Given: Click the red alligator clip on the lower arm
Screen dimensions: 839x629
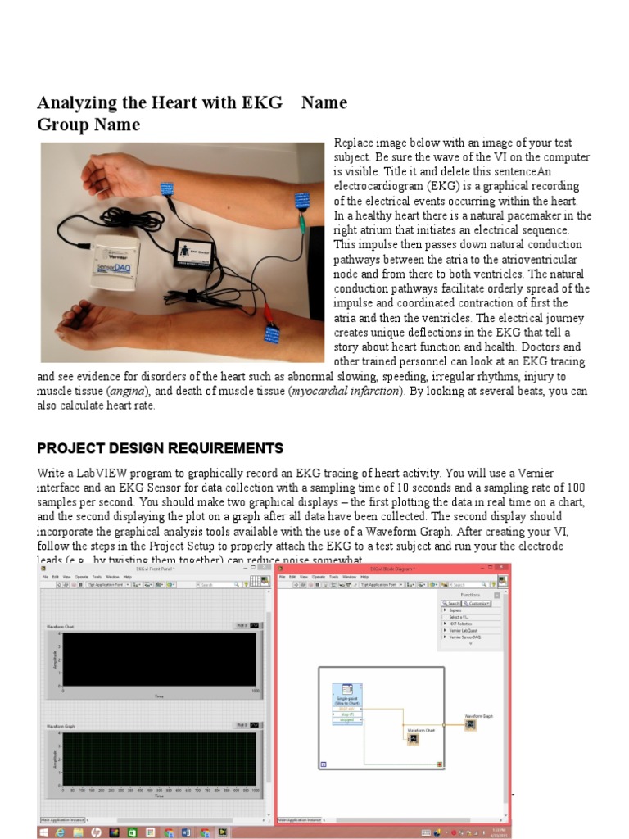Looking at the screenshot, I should point(266,311).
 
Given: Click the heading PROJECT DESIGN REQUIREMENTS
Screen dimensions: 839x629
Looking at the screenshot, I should point(160,448).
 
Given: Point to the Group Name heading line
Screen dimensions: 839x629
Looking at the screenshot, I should point(88,125).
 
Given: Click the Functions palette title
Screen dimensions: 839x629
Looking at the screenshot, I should point(470,595).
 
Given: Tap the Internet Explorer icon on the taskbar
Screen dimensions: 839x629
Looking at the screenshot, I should point(60,832).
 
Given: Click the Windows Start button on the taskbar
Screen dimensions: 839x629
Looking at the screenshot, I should point(43,832).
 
